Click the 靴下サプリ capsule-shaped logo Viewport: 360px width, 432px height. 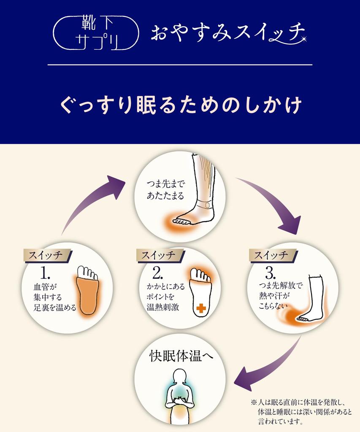tap(96, 33)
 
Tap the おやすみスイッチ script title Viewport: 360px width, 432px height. tap(228, 33)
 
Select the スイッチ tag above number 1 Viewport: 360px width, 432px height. tap(47, 255)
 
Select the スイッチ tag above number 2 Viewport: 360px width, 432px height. tap(160, 255)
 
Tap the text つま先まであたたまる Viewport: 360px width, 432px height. tap(166, 190)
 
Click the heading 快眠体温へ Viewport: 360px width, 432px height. tap(182, 355)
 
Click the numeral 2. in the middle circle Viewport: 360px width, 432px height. tap(157, 273)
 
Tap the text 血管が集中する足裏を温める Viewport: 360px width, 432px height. tap(55, 297)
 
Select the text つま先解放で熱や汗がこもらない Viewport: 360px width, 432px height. tap(281, 295)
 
